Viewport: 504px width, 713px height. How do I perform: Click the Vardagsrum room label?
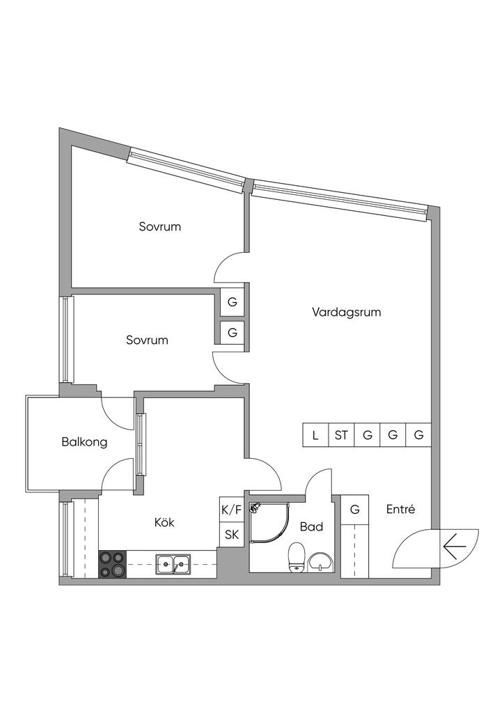346,312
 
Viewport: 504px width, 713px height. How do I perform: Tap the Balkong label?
84,441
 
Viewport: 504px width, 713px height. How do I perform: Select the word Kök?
164,522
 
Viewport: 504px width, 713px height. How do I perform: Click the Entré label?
400,510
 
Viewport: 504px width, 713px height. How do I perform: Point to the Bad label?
311,527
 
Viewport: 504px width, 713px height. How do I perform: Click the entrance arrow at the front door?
455,547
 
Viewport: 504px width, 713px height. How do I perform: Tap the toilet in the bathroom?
297,557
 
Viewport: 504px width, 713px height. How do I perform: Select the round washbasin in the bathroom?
322,561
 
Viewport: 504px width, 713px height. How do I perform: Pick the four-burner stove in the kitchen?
112,564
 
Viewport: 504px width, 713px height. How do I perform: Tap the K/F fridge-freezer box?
231,510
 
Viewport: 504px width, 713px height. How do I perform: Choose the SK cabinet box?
231,535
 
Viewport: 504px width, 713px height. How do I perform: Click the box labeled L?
315,436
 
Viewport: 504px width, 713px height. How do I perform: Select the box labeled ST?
341,436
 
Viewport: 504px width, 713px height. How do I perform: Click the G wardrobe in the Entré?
354,510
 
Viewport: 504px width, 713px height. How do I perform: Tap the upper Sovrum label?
159,226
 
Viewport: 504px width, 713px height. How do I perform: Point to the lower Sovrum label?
147,340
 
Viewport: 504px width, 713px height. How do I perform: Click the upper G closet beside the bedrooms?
232,302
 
